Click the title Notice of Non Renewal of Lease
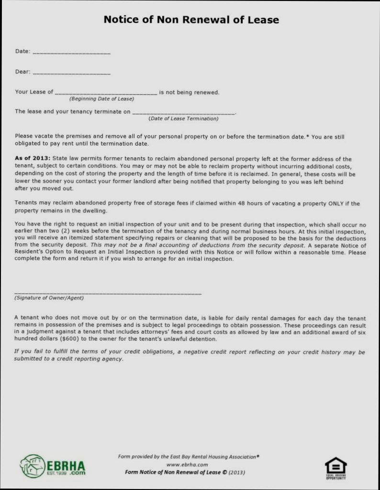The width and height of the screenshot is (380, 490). pos(191,20)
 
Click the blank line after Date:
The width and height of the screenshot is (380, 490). pos(72,52)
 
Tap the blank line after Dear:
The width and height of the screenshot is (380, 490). pos(72,73)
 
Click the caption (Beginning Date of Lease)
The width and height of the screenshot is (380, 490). pos(101,99)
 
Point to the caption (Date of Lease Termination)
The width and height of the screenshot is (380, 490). pos(183,118)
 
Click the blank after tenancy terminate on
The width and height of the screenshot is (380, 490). pos(184,113)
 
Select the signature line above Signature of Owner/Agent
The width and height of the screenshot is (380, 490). pos(108,293)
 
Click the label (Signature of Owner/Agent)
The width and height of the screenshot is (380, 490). pos(49,298)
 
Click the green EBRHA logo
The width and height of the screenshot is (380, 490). pos(53,466)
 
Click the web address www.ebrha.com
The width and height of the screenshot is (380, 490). pos(187,464)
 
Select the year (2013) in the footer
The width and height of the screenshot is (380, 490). pos(237,472)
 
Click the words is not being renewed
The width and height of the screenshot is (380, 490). pos(189,92)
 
